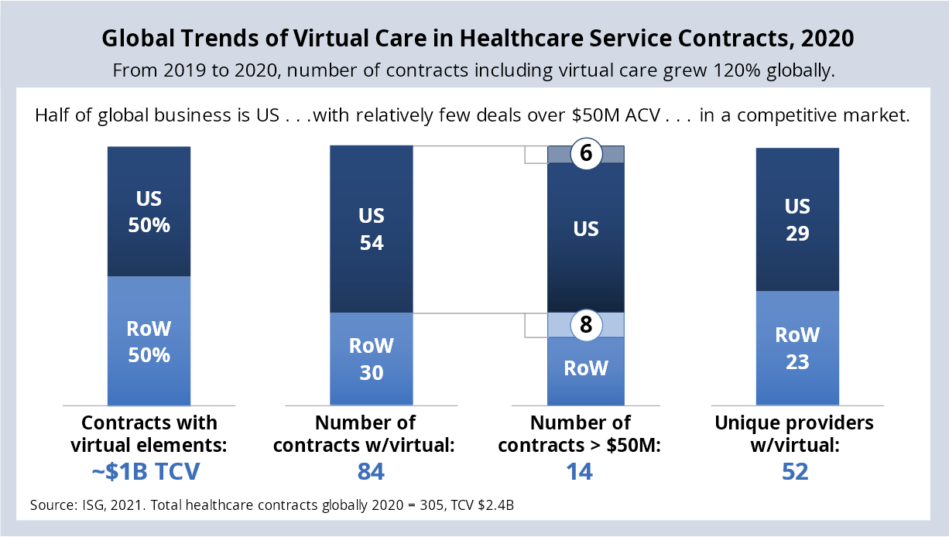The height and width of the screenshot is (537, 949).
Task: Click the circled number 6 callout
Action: click(x=586, y=154)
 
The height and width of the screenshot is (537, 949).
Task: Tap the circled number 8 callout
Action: click(x=586, y=325)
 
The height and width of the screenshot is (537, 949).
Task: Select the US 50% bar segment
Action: click(x=149, y=211)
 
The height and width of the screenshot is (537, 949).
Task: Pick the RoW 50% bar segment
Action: click(x=149, y=340)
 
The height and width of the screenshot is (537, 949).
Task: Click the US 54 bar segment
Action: click(x=372, y=229)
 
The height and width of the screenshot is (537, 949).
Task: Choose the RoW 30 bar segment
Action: click(x=372, y=358)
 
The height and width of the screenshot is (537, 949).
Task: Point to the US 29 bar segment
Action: click(x=797, y=220)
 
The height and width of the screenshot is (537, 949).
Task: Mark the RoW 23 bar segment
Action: click(x=797, y=347)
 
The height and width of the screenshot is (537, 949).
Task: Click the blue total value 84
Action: click(x=372, y=472)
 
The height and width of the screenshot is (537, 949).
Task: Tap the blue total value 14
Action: click(x=580, y=472)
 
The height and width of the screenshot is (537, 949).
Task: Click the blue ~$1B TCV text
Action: click(x=149, y=472)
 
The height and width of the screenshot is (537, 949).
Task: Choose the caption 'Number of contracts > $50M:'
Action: click(x=580, y=434)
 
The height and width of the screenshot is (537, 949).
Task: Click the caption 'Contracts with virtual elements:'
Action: click(x=149, y=434)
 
